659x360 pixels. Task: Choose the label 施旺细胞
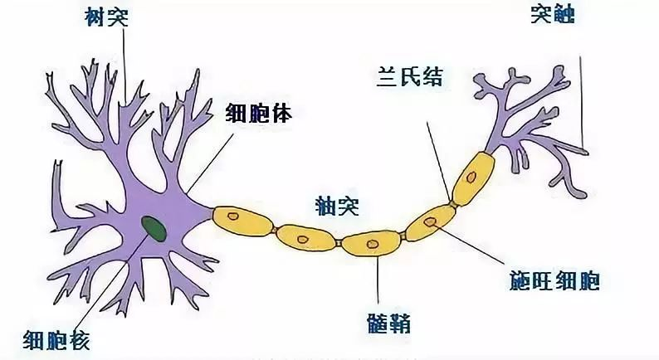554,281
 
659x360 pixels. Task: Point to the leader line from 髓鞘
378,282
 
